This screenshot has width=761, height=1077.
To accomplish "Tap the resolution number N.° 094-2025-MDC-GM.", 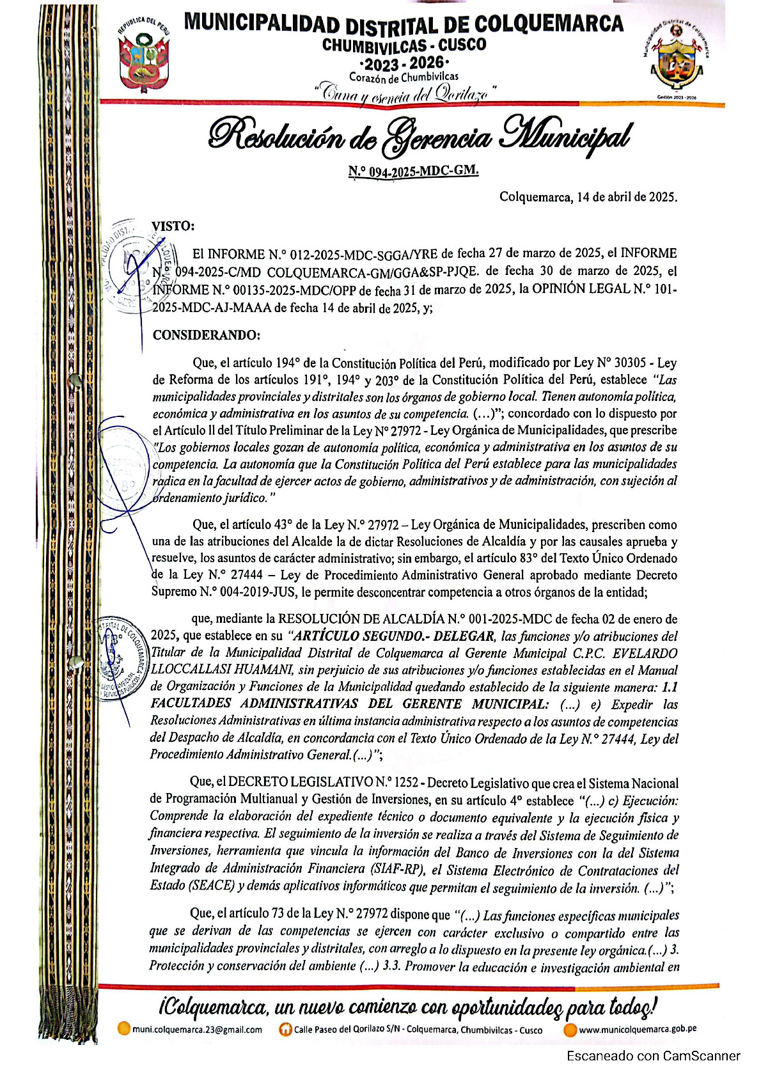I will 413,171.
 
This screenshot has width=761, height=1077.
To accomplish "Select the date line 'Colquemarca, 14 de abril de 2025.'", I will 588,197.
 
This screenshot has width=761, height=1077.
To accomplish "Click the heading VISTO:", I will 173,226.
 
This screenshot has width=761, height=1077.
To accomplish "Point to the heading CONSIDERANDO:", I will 207,335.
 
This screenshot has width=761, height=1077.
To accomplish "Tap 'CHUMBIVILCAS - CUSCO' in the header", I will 404,45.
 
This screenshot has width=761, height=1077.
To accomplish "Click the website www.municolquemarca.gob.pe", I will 637,1029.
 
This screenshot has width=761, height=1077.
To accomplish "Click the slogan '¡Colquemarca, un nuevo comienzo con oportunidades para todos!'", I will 407,1007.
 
